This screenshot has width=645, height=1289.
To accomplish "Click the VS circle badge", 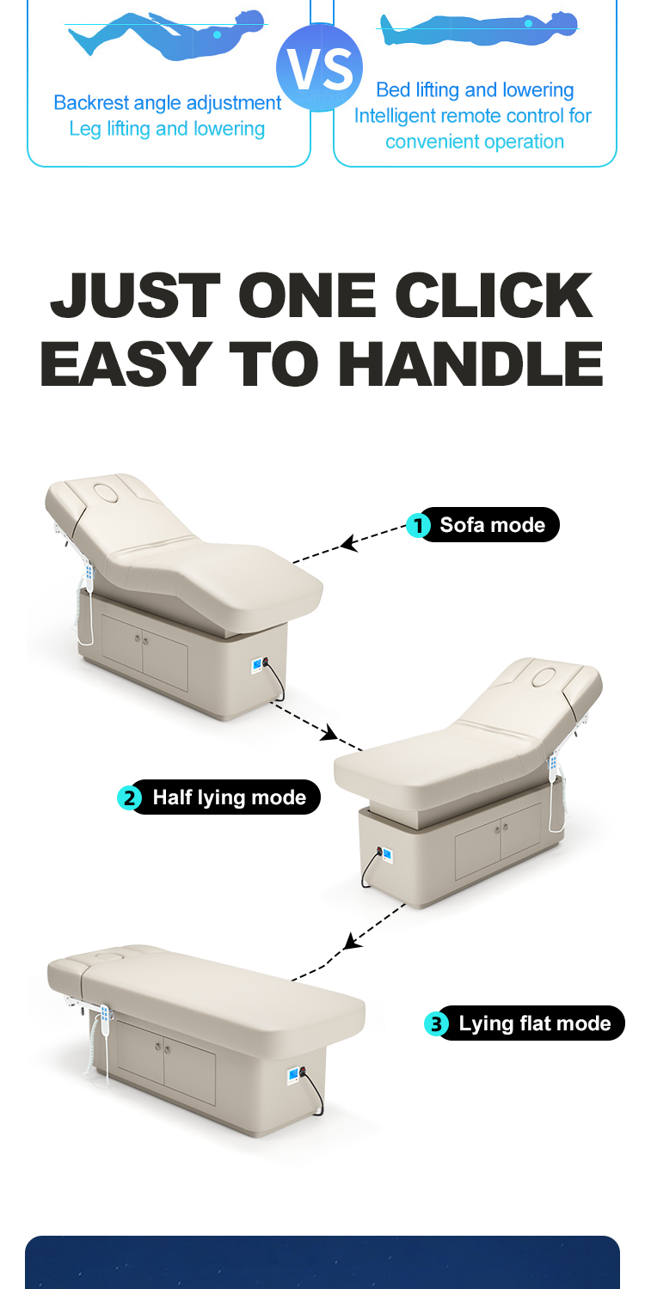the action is point(320,67).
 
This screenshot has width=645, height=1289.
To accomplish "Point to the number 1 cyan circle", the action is point(418,525).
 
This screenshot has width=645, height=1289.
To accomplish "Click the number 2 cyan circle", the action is point(129,798).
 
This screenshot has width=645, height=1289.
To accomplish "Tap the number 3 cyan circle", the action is point(436,1024).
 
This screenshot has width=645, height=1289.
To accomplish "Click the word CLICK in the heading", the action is point(494,296).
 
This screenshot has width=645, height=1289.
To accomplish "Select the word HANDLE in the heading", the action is point(470,363).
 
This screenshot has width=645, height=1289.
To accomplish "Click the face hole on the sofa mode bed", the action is point(106,492).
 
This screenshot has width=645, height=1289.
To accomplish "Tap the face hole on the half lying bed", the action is point(544,677).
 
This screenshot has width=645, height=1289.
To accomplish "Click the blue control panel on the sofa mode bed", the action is point(256,666).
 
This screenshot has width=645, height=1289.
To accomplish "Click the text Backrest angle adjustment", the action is point(167,103).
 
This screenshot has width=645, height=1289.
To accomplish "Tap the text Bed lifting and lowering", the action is point(475,89).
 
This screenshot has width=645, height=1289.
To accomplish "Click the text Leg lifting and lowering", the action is point(167,129).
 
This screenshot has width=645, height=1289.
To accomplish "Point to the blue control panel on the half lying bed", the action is point(388,854).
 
